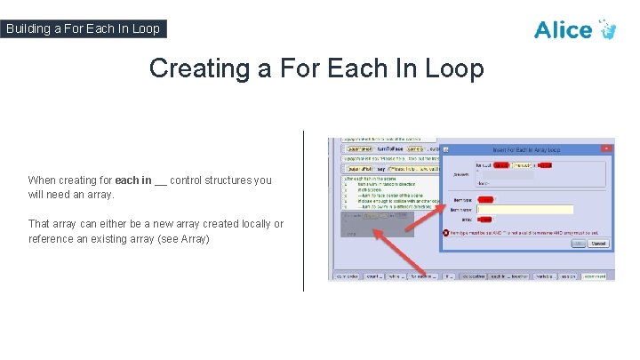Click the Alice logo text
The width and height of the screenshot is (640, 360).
(x=563, y=29)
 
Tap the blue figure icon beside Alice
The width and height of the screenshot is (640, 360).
(x=607, y=29)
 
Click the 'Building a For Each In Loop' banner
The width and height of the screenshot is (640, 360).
(x=83, y=28)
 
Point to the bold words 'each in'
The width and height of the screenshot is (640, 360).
(x=132, y=180)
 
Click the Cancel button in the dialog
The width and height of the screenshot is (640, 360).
(x=598, y=243)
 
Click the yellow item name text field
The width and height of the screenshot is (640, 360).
(x=525, y=209)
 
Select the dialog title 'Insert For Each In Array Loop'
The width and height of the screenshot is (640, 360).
(x=532, y=149)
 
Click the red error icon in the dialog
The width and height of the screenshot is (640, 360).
(x=447, y=233)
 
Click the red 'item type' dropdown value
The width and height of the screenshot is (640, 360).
(x=486, y=199)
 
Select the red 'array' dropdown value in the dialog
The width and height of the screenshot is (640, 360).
(x=484, y=219)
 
